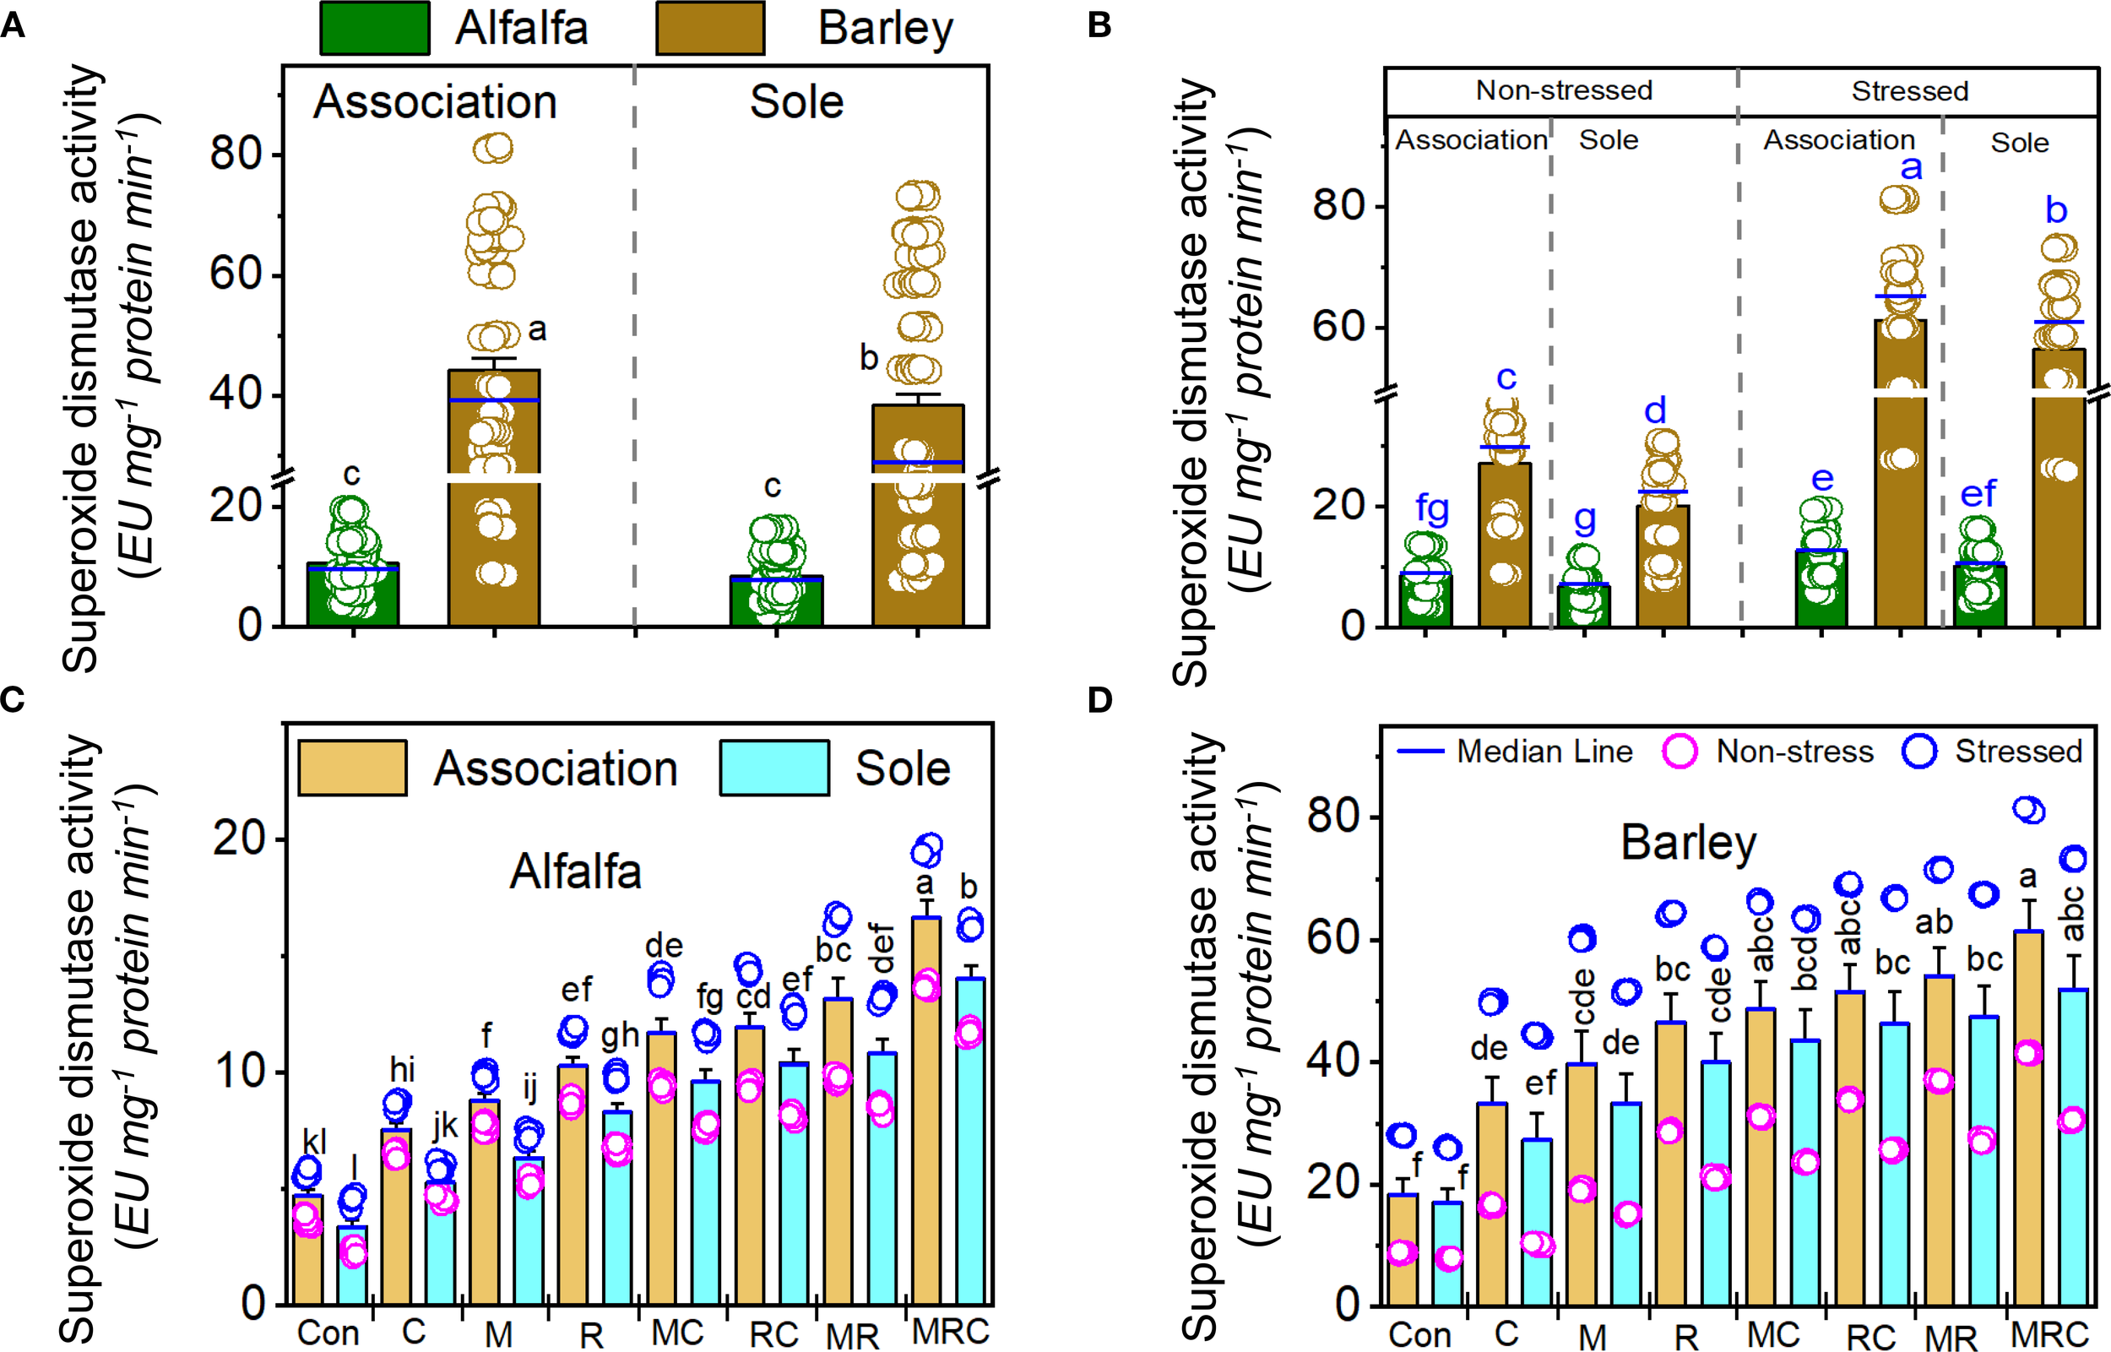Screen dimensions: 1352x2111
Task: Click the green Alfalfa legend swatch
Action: tap(374, 28)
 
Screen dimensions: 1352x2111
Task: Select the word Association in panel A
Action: tap(435, 102)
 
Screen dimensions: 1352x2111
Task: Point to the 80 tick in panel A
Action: tap(236, 154)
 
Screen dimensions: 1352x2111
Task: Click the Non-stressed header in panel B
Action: tap(1563, 90)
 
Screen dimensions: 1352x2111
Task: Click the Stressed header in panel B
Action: tap(1909, 90)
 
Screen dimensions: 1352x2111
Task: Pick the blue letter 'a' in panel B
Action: tap(1911, 167)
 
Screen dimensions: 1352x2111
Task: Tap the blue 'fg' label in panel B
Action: tap(1431, 508)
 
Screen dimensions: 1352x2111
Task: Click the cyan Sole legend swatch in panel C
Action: tap(773, 768)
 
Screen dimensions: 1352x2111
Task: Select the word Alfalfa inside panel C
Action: tap(575, 871)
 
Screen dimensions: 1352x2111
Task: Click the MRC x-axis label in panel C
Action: tap(950, 1331)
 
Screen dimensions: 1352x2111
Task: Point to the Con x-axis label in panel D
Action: tap(1419, 1334)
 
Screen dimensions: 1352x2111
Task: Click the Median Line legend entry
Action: tap(1514, 752)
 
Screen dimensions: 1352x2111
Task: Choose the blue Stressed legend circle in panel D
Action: tap(1918, 752)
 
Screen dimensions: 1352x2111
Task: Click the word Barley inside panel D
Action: tap(1688, 843)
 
